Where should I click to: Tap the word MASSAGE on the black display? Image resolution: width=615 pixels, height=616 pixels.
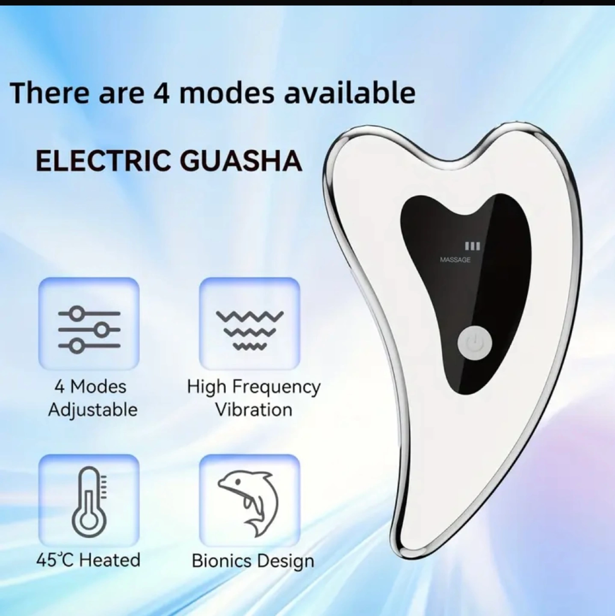point(455,260)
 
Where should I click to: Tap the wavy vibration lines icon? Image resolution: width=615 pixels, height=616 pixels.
point(250,329)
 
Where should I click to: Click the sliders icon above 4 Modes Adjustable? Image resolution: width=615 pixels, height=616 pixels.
point(89,329)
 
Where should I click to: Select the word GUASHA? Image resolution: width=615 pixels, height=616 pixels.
point(243,161)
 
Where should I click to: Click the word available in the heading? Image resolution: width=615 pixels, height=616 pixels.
point(350,92)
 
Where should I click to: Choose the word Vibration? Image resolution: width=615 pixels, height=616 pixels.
point(254,409)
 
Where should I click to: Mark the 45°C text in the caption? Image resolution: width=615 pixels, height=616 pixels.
point(55,569)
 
